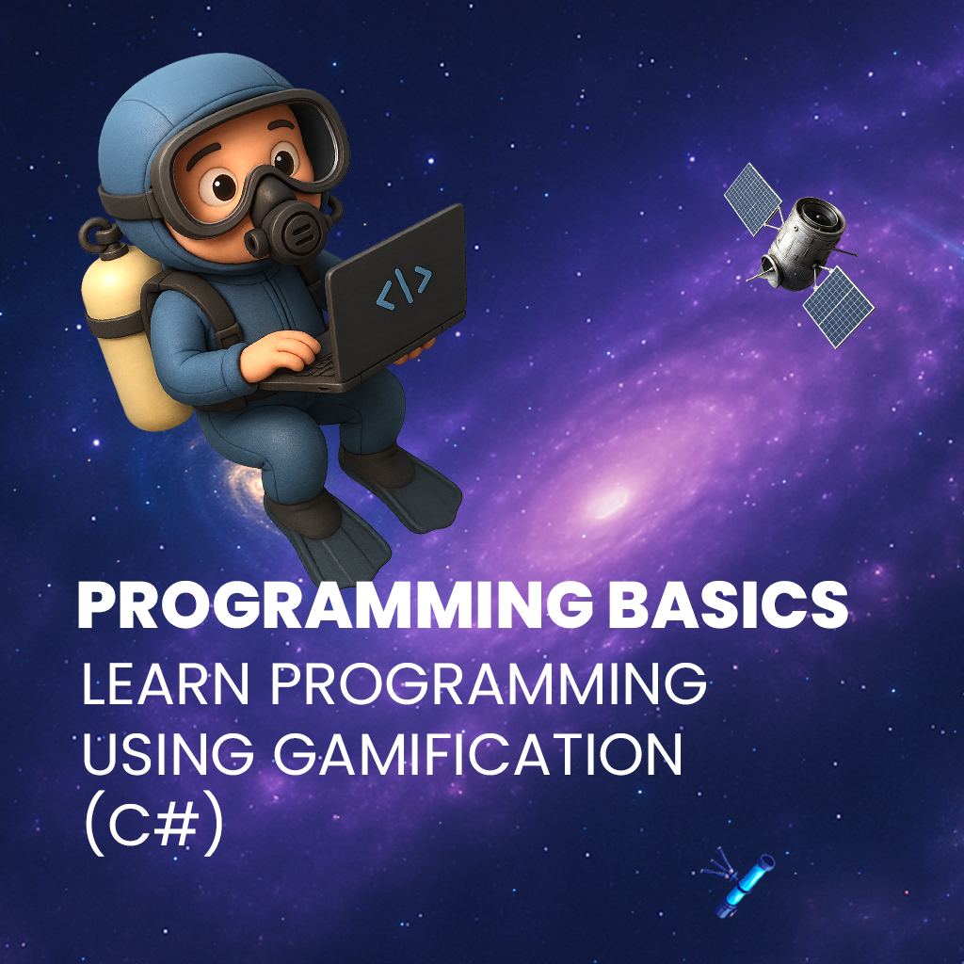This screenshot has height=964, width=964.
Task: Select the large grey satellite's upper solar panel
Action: click(752, 198)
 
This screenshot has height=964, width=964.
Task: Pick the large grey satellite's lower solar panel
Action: click(838, 306)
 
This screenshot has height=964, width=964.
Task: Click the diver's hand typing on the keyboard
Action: click(280, 357)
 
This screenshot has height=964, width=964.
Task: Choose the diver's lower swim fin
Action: click(332, 541)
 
